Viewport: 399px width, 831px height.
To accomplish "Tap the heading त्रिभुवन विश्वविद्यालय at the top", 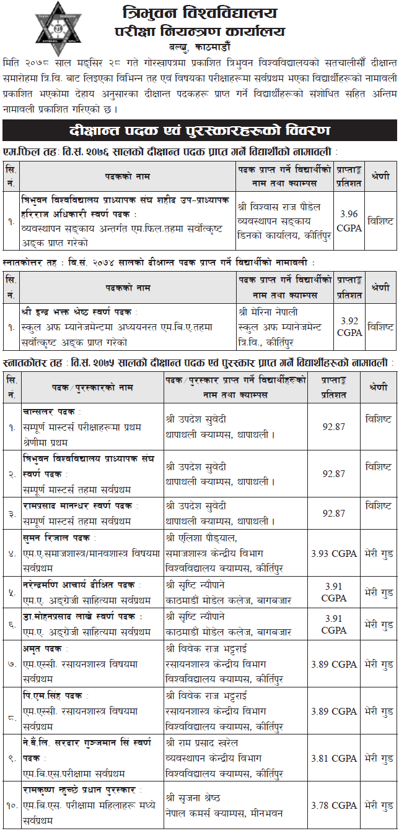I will tap(199, 12).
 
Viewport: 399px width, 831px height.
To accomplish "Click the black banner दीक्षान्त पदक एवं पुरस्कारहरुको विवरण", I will tap(199, 131).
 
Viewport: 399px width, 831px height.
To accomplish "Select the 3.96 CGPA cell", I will tap(349, 220).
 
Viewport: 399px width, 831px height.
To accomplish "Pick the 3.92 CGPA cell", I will tap(349, 326).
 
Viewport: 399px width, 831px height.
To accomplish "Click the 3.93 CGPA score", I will tap(334, 553).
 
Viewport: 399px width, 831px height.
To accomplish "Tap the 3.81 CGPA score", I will tap(334, 757).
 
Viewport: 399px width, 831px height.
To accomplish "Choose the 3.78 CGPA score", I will tap(334, 805).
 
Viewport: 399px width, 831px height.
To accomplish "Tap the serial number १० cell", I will tap(12, 805).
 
